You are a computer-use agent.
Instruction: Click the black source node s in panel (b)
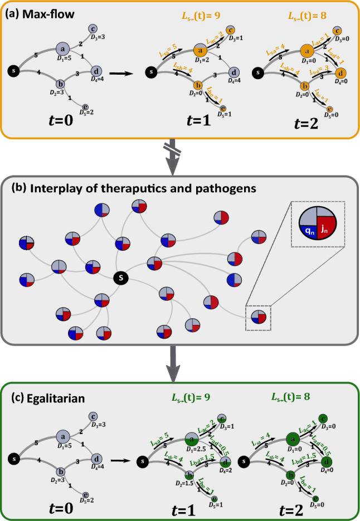pyautogui.click(x=118, y=277)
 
